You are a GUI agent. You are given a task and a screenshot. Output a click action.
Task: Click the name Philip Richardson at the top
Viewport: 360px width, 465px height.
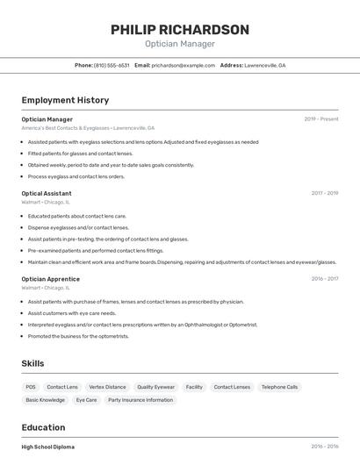(179, 30)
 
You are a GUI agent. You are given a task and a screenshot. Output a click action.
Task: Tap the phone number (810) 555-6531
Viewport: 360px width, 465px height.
(112, 65)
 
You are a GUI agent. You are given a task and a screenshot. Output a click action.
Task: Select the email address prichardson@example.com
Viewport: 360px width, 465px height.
(183, 65)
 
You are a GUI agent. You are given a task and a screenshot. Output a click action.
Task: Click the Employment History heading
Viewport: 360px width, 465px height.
(65, 100)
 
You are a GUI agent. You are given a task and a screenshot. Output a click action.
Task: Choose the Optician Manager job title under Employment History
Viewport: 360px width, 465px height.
(47, 119)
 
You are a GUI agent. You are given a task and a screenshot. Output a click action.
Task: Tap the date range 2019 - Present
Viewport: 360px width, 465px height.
(321, 119)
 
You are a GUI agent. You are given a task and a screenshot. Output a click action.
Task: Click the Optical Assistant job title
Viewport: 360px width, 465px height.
(47, 193)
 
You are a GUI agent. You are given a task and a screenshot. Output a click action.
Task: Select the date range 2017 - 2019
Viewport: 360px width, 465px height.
(325, 193)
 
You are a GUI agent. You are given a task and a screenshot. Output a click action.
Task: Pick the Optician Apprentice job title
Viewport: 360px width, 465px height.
(50, 279)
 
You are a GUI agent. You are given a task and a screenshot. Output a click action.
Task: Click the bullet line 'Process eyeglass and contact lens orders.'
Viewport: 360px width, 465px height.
(76, 176)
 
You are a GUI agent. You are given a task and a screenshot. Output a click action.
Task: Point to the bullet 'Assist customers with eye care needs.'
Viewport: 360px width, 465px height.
(72, 313)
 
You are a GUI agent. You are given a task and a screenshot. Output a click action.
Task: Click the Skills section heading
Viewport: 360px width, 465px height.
(32, 363)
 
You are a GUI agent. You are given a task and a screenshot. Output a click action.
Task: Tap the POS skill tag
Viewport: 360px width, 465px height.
(31, 387)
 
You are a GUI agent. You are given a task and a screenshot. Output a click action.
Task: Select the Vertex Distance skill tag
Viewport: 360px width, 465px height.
(107, 387)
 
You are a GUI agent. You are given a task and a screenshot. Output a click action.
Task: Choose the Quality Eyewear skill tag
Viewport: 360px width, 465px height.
(155, 387)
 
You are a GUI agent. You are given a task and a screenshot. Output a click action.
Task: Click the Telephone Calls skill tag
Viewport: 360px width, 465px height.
(279, 387)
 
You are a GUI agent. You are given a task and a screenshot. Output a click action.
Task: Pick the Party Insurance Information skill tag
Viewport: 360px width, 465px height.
(140, 400)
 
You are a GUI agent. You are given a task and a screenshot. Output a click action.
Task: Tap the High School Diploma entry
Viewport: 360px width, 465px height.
(47, 447)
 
